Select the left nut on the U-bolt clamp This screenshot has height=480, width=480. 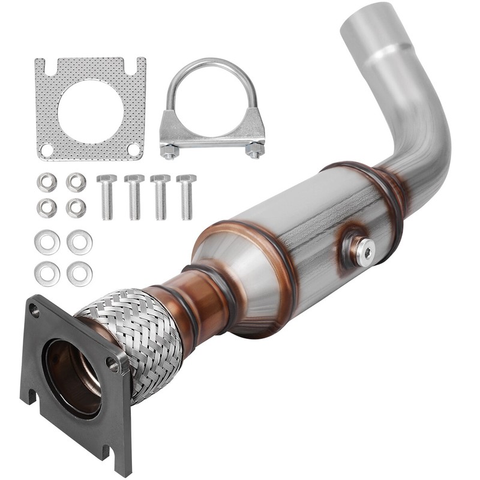pyautogui.click(x=170, y=150)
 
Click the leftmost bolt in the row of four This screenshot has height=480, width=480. pyautogui.click(x=106, y=196)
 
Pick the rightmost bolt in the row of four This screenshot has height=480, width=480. pyautogui.click(x=187, y=196)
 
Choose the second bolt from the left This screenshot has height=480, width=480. pyautogui.click(x=134, y=196)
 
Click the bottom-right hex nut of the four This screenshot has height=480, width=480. pyautogui.click(x=76, y=208)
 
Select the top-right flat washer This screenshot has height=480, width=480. pyautogui.click(x=79, y=242)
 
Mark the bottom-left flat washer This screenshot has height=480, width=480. pyautogui.click(x=47, y=274)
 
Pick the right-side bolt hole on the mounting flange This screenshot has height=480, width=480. pyautogui.click(x=113, y=363)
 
